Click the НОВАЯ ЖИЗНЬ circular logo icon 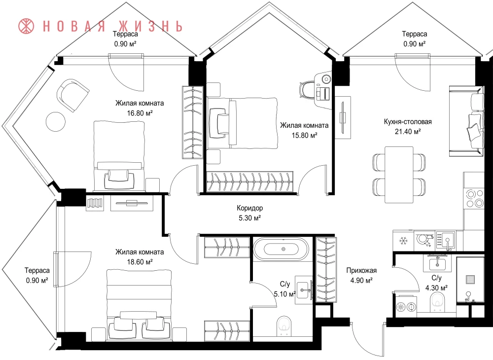tap(27, 27)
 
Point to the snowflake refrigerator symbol tap(403, 241)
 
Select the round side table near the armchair tap(56, 122)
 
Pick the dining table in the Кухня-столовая tap(399, 175)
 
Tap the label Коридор tap(249, 208)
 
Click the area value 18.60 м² tap(140, 262)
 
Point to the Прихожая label tap(361, 270)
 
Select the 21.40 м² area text tap(408, 132)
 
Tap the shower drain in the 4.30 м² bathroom tap(470, 280)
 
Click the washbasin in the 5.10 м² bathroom tap(303, 290)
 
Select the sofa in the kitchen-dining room tap(466, 121)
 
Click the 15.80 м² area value tap(304, 136)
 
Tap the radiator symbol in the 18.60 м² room tap(95, 203)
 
